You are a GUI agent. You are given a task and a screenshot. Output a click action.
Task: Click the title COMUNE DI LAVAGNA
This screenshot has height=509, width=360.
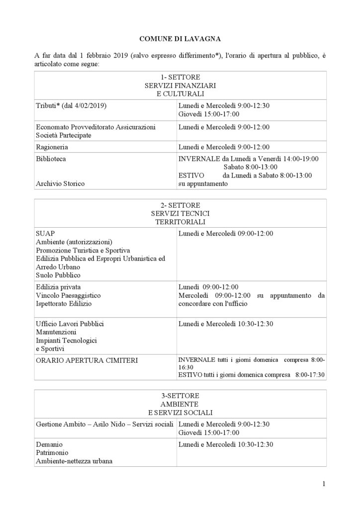point(180,38)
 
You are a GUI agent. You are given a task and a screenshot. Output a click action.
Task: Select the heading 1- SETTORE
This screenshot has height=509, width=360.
point(180,78)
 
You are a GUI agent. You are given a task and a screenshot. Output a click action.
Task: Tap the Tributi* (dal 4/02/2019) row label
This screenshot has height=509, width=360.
point(72,106)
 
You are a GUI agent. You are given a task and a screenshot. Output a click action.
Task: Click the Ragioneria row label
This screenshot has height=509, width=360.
point(52,147)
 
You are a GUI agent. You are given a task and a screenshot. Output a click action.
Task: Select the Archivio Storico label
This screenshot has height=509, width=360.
point(60,183)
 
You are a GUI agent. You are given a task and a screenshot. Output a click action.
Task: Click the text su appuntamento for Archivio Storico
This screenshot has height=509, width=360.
point(203,183)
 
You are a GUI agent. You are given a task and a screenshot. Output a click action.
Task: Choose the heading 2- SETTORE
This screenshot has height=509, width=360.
point(180,205)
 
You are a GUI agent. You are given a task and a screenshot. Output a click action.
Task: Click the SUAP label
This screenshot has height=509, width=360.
point(45,233)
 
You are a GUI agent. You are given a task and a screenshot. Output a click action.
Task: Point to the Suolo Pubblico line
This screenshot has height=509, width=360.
point(58,275)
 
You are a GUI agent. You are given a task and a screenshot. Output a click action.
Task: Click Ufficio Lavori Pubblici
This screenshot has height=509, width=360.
point(70,324)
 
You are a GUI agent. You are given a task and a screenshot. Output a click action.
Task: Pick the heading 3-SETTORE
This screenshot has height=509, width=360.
point(180,396)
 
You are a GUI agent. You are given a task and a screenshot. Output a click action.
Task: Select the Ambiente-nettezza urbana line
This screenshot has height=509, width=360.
point(74,461)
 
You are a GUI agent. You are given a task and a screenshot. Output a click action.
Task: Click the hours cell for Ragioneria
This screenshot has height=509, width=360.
point(224,147)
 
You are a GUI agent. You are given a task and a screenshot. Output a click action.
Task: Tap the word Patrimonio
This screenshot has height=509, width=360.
point(52,452)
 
